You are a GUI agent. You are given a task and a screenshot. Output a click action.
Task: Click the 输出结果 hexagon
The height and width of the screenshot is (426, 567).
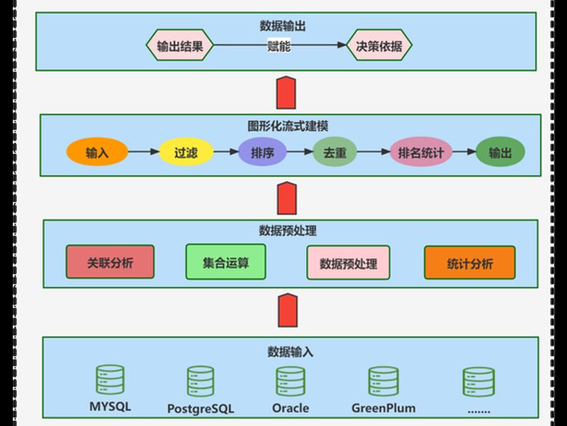pyautogui.click(x=180, y=45)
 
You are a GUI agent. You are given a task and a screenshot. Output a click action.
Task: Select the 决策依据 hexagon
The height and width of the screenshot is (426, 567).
pyautogui.click(x=379, y=45)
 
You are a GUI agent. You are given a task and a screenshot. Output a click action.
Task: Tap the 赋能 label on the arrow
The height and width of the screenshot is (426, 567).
pyautogui.click(x=279, y=46)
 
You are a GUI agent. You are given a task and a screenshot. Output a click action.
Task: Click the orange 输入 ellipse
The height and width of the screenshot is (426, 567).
pyautogui.click(x=97, y=152)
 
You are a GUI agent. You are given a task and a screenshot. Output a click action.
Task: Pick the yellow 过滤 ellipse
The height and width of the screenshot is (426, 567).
pyautogui.click(x=186, y=152)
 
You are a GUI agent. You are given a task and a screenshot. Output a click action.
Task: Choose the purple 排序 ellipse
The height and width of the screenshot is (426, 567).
pyautogui.click(x=262, y=152)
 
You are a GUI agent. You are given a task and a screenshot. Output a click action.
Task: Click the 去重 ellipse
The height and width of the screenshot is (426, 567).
pyautogui.click(x=335, y=152)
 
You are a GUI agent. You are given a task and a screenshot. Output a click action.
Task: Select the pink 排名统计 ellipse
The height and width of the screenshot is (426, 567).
pyautogui.click(x=421, y=152)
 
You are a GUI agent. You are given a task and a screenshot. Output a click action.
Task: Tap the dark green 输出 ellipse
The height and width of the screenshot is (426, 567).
pyautogui.click(x=500, y=152)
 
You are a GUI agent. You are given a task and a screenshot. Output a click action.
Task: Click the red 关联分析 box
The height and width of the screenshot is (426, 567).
pyautogui.click(x=111, y=262)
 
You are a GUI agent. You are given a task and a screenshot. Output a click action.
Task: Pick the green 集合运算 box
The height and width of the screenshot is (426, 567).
pyautogui.click(x=225, y=262)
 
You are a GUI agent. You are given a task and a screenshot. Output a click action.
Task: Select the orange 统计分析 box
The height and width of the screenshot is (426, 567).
pyautogui.click(x=470, y=263)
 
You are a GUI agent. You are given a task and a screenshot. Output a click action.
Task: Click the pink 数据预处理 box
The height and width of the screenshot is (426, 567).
pyautogui.click(x=348, y=263)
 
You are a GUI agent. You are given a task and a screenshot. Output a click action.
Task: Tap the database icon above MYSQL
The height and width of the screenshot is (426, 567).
pyautogui.click(x=110, y=379)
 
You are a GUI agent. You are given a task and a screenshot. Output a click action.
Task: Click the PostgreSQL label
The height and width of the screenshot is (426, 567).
pyautogui.click(x=201, y=409)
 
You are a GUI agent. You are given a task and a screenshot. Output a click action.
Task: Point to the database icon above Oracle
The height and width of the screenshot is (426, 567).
pyautogui.click(x=291, y=381)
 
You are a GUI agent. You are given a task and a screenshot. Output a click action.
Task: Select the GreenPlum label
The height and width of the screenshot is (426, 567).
pyautogui.click(x=383, y=408)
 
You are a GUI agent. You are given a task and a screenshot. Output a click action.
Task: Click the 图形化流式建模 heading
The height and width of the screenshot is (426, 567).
pyautogui.click(x=288, y=126)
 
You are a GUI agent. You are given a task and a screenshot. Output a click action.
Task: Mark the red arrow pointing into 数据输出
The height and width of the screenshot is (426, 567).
pyautogui.click(x=286, y=92)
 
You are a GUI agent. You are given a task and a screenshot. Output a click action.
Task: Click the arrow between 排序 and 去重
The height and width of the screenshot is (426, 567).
pyautogui.click(x=300, y=152)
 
